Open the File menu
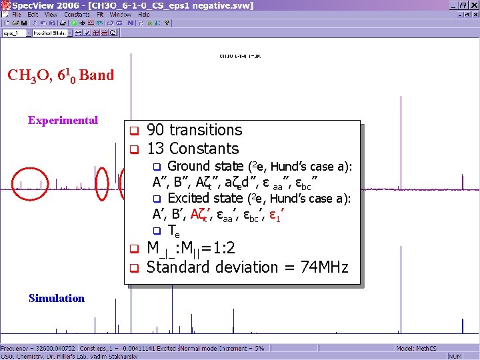point(16,14)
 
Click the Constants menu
point(77,14)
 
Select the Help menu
point(144,14)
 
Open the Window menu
point(121,14)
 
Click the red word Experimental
point(63,121)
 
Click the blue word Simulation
point(57,298)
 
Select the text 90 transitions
point(194,130)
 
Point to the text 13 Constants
point(192,149)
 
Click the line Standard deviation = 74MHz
point(247,267)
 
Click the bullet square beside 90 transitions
point(133,130)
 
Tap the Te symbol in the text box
point(173,231)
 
